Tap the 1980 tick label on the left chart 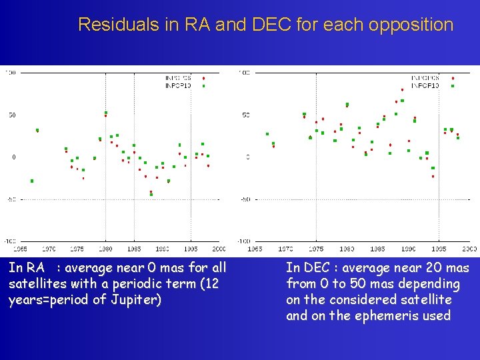105,248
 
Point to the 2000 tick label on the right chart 469,248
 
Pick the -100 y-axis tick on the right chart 245,241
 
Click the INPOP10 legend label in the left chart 177,85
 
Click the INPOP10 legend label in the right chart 425,85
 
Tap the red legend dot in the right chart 453,78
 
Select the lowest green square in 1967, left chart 31,181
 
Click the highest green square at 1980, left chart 105,113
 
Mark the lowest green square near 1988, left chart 151,194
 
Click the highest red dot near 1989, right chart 402,89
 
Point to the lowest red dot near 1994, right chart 433,177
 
